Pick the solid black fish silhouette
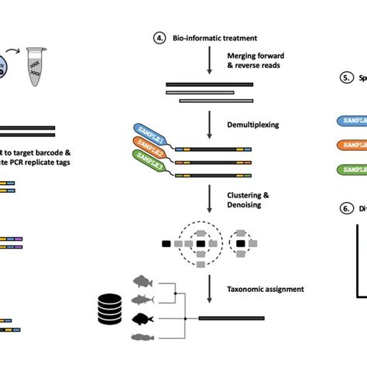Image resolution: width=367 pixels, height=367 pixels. (146, 317)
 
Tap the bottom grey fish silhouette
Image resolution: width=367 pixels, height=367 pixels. (146, 336)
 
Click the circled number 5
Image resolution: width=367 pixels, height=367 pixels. (345, 78)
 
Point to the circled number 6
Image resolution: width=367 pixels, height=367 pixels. (345, 208)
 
